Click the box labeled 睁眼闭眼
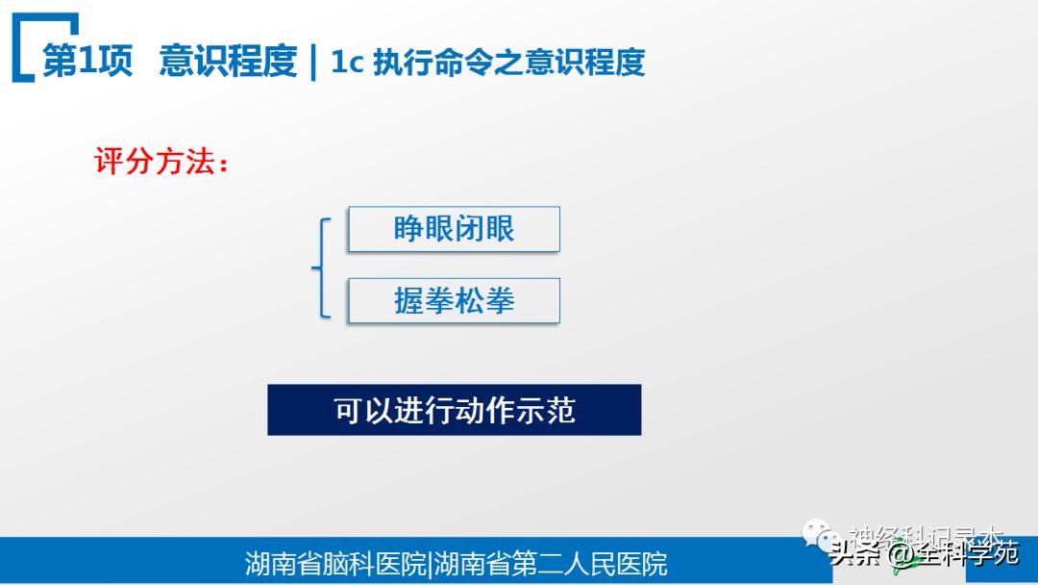pos(454,230)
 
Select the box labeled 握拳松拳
pos(454,301)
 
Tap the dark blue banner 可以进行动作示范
pos(454,410)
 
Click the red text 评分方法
pos(154,161)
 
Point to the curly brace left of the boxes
pos(321,267)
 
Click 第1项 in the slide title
pos(87,62)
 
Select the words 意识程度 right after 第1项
pos(228,62)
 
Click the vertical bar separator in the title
pos(314,63)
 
